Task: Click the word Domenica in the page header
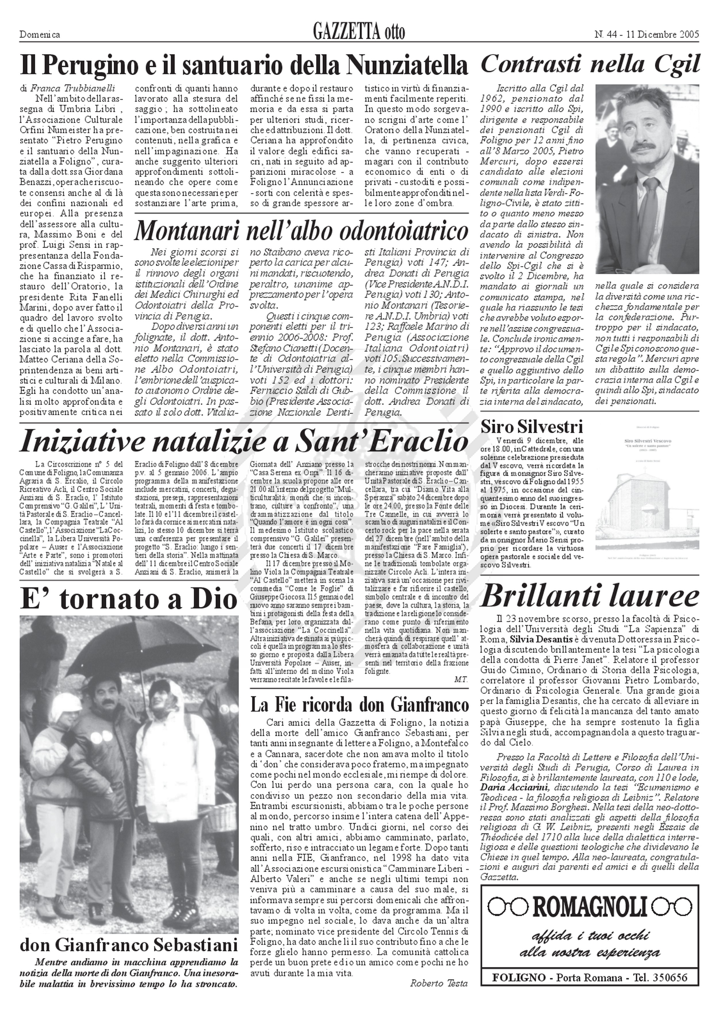[40, 35]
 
